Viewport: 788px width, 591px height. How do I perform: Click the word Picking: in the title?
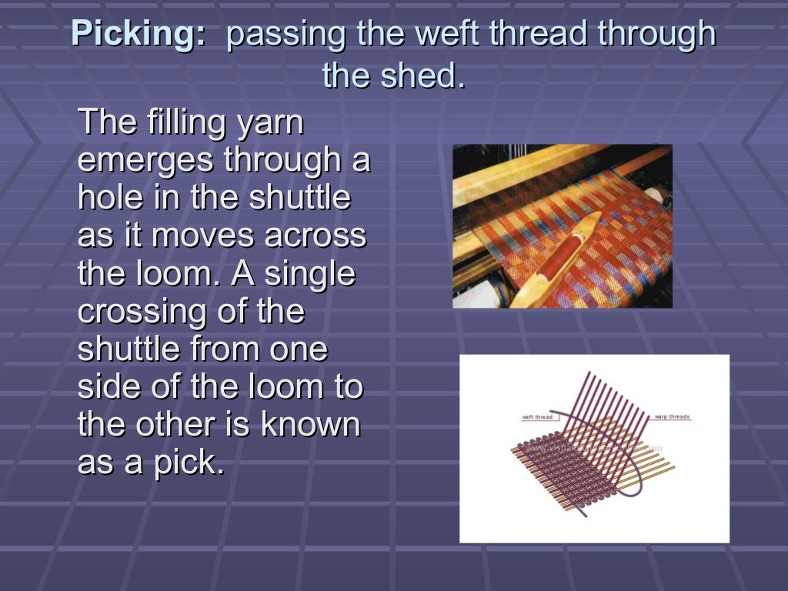tap(139, 35)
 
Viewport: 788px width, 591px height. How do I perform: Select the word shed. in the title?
tap(426, 75)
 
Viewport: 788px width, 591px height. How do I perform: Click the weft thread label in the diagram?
tap(539, 417)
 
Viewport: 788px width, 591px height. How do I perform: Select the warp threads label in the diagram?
tap(673, 417)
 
